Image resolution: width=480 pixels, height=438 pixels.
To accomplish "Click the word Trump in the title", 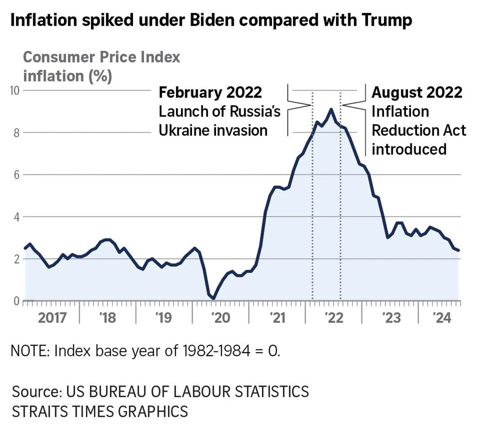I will point(386,20).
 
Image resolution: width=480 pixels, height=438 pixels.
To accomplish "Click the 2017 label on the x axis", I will point(52,318).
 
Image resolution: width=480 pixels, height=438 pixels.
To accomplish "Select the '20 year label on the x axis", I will point(220,318).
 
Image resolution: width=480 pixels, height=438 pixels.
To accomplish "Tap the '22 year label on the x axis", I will point(334,318).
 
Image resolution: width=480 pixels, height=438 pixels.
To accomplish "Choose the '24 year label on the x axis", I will point(442,318).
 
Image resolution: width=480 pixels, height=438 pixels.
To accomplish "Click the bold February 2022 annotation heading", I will point(210,92).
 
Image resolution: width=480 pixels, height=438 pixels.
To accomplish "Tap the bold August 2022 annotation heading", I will point(417,92).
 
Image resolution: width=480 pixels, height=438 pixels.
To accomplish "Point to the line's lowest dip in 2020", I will point(214,299).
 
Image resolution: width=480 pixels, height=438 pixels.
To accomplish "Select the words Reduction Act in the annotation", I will point(419,130).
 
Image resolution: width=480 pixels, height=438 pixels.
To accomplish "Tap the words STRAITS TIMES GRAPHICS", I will point(100,411).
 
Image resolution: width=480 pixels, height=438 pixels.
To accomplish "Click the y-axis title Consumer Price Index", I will point(101,57).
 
